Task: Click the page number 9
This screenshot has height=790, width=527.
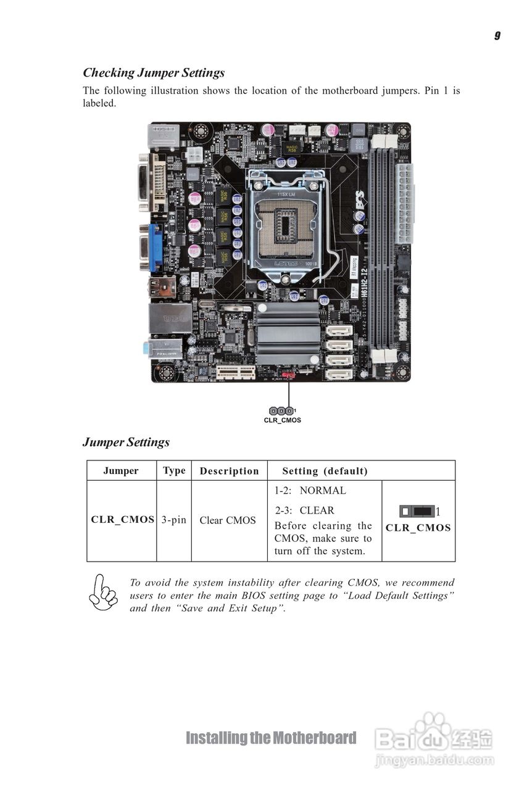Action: click(497, 36)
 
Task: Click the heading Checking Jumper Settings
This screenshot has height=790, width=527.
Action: click(154, 73)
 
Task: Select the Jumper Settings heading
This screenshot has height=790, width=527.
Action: click(126, 443)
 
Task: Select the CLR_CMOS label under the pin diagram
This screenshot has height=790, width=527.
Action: click(282, 420)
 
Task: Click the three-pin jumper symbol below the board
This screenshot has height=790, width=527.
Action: click(281, 410)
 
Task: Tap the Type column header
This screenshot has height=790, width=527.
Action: click(174, 471)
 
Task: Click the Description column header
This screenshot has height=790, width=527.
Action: click(229, 472)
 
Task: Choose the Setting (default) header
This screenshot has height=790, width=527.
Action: click(325, 472)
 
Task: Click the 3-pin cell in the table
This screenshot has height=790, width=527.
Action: click(174, 520)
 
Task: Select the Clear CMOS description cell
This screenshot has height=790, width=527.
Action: click(227, 520)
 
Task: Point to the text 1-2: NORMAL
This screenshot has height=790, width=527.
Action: click(310, 491)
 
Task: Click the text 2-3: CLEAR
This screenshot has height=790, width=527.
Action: click(304, 510)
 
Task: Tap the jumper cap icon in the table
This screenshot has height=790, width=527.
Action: click(416, 511)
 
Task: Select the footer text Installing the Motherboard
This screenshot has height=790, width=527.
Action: click(271, 738)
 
